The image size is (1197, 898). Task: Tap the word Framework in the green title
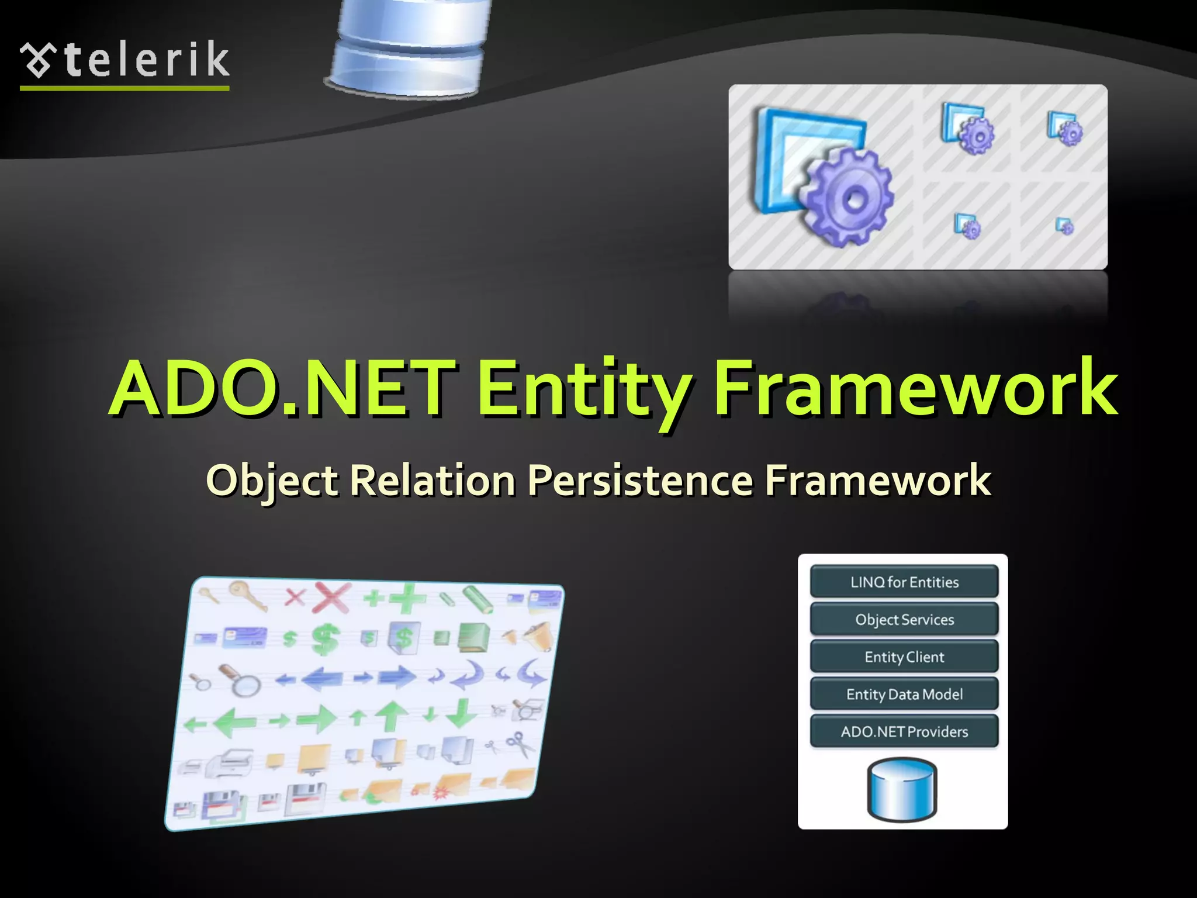[915, 389]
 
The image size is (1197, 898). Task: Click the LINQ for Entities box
[904, 582]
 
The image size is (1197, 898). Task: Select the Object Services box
[904, 619]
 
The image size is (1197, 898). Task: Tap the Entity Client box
[904, 657]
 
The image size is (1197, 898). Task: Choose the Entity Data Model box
[904, 694]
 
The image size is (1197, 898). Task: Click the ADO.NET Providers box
[904, 731]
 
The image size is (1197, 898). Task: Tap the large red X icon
[332, 597]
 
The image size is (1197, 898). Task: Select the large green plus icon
[407, 599]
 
